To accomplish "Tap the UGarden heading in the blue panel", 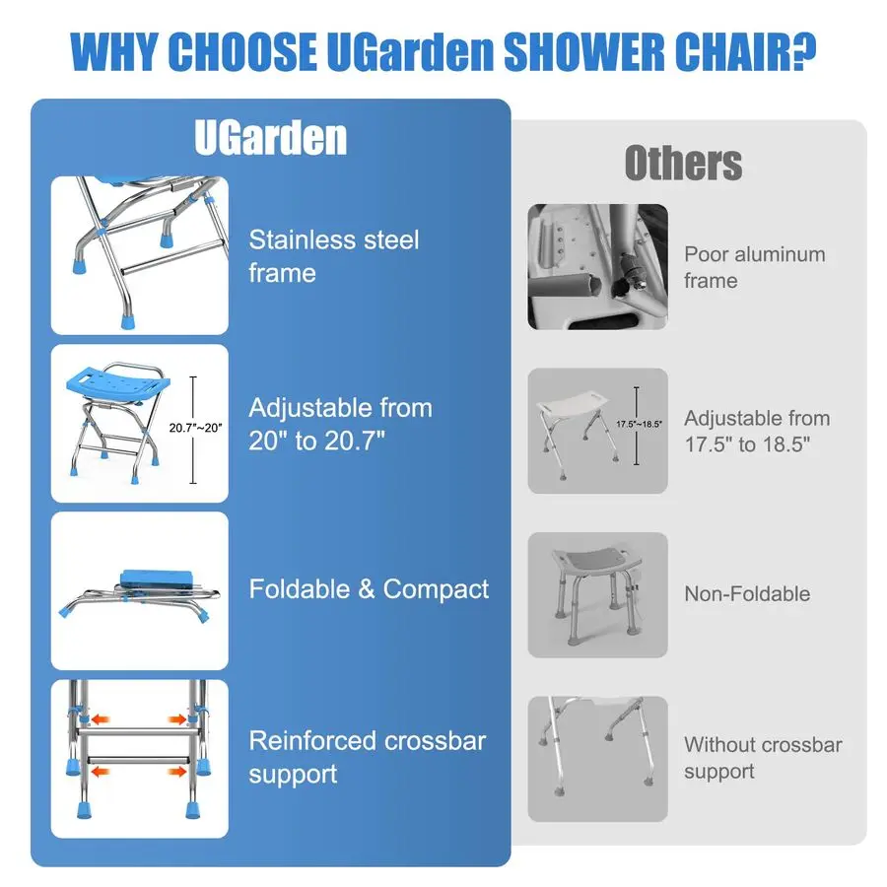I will coord(270,138).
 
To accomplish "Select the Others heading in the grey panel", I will coord(683,163).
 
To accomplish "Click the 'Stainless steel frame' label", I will coord(333,255).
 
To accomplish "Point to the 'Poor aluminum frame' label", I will coord(754,267).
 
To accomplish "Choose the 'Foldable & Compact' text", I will coord(369,589).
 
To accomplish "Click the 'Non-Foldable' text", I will coord(746,593).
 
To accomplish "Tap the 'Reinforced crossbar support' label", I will coord(367,757).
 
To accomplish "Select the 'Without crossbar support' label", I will coord(763,758).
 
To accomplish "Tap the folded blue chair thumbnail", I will coord(139,590).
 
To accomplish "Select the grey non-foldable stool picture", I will coord(597,594).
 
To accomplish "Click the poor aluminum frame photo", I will coord(597,266).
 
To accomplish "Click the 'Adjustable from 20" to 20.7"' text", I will coord(340,423).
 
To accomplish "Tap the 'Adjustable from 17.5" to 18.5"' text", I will coord(757,431).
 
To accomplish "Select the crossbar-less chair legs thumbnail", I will coord(597,758).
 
